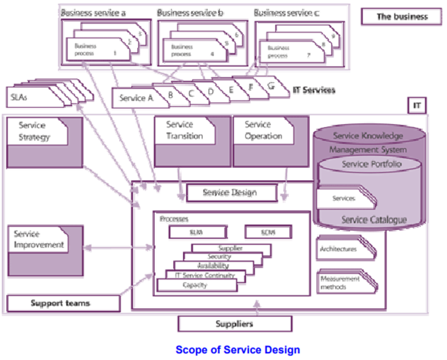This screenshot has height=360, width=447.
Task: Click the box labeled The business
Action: point(402,16)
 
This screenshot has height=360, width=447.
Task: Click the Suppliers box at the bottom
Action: point(235,324)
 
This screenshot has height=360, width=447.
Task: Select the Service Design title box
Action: point(230,193)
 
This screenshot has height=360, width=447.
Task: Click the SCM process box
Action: point(268,231)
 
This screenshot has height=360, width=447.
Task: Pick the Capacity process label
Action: point(195,285)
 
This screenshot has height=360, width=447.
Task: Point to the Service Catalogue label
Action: point(374,220)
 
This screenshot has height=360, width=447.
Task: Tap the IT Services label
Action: point(313,89)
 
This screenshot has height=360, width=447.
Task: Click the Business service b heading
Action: point(191,12)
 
